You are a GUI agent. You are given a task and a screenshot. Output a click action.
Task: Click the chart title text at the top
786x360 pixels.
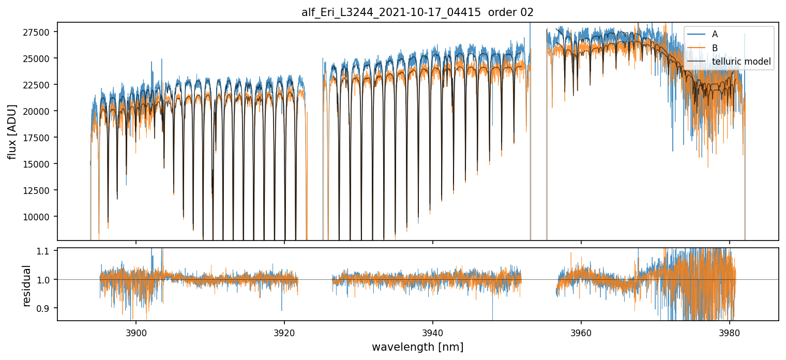click(417, 13)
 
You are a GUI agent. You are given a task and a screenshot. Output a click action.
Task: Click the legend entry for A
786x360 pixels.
click(715, 34)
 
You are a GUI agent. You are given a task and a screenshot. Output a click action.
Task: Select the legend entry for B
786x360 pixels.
click(715, 48)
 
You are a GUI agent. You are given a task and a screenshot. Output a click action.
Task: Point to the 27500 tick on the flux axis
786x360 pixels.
click(39, 32)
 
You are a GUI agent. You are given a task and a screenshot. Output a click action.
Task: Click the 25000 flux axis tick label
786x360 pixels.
click(39, 58)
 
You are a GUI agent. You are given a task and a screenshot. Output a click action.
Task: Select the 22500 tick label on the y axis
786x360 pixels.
click(39, 85)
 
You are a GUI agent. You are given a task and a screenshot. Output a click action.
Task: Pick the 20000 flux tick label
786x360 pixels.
click(39, 111)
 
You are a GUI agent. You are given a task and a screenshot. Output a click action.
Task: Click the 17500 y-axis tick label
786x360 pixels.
click(39, 138)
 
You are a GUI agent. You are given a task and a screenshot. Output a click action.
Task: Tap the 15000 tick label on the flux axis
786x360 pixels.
click(39, 164)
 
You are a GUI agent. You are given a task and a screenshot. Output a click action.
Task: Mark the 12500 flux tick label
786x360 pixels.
click(39, 190)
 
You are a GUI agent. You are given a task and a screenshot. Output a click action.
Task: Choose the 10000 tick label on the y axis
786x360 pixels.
click(39, 217)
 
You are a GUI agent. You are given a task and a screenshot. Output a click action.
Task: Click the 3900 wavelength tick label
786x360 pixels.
click(136, 332)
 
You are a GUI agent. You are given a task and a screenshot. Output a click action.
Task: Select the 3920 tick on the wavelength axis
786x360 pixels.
click(284, 332)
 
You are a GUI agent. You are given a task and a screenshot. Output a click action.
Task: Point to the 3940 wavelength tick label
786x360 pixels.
click(433, 332)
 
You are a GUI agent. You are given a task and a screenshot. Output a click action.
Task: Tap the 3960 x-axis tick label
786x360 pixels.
click(581, 332)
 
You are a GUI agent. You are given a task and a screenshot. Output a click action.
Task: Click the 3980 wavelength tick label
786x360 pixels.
click(729, 332)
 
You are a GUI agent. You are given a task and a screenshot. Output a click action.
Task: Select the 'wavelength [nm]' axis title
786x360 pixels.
click(417, 347)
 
